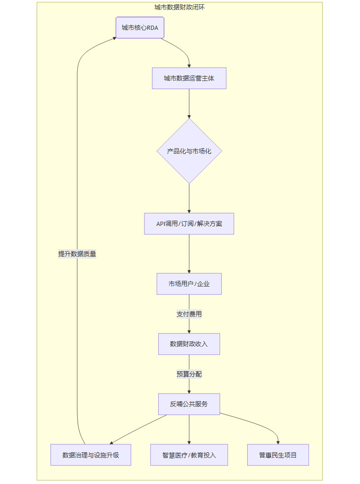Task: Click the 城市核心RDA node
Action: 140,27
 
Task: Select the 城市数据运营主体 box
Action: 189,78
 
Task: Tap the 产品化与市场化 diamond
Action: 189,151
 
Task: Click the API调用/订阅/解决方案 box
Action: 189,224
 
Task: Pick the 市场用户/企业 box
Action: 189,284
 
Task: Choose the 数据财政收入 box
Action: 189,344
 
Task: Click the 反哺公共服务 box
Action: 189,404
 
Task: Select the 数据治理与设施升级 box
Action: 90,455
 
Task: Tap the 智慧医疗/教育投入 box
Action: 189,455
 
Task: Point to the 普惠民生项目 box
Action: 278,455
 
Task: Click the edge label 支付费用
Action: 189,314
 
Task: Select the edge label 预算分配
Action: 189,374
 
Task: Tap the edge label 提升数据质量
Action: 77,254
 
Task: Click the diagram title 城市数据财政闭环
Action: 180,7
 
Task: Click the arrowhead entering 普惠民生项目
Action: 278,442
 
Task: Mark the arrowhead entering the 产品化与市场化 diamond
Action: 189,116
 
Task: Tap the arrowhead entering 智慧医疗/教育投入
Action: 189,442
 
